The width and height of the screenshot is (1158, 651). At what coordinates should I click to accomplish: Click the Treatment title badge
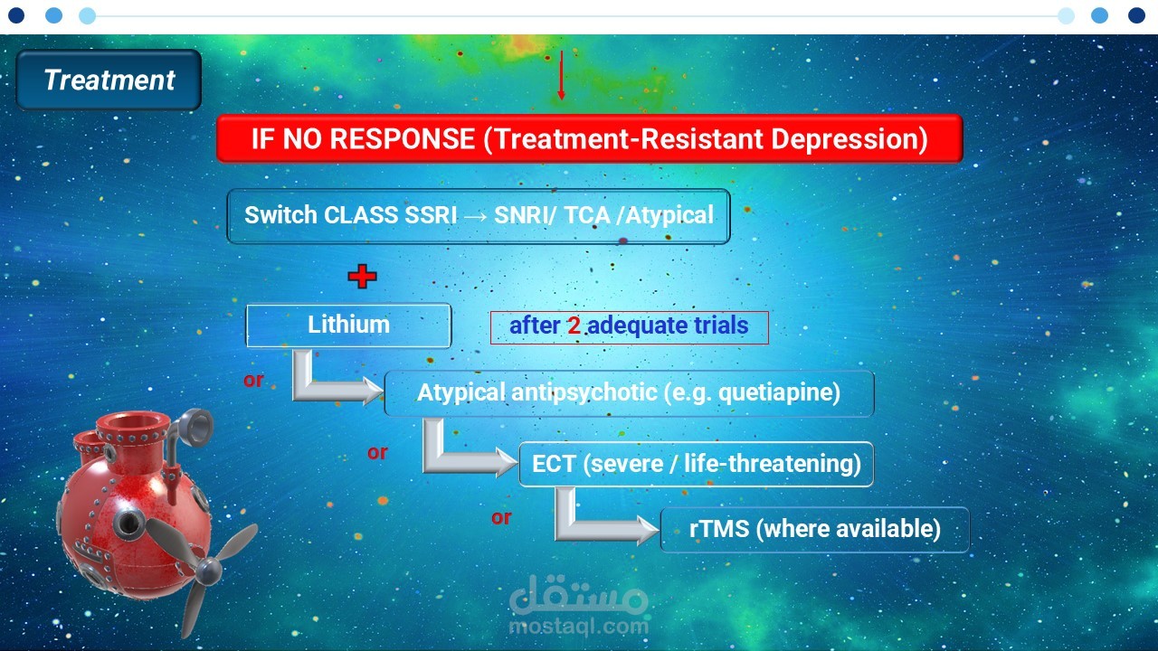click(x=109, y=80)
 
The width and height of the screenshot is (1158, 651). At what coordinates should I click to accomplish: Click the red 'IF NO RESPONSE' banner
click(x=589, y=138)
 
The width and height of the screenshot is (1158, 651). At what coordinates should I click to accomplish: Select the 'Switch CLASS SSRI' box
click(x=479, y=216)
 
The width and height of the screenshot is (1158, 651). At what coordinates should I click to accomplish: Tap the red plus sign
click(x=363, y=277)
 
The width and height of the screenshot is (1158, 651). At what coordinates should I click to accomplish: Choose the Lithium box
click(x=348, y=325)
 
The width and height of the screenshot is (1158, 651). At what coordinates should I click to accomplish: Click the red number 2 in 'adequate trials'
click(x=574, y=325)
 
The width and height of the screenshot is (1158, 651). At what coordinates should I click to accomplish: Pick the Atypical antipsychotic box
click(x=629, y=393)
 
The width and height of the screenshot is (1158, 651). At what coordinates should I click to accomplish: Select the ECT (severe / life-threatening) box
click(x=697, y=464)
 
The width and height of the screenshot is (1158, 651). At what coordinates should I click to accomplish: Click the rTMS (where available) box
click(x=815, y=530)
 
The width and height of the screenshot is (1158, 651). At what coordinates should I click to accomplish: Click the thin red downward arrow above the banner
click(x=562, y=75)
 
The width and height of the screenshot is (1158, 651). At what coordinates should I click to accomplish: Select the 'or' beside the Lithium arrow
click(x=253, y=381)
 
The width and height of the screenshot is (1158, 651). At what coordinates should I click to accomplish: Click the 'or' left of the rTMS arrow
click(x=501, y=517)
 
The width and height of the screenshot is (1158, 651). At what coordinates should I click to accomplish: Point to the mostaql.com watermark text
click(x=579, y=627)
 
